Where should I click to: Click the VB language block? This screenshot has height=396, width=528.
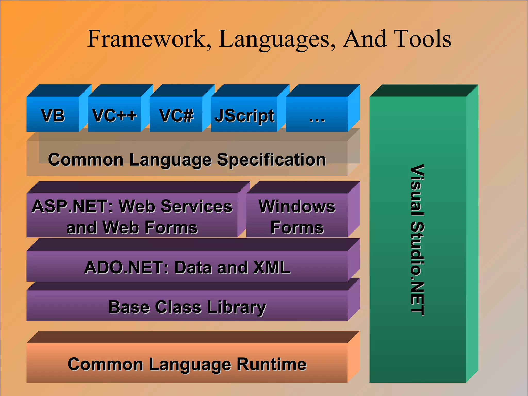point(53,115)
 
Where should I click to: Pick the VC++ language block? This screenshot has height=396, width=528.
point(114,115)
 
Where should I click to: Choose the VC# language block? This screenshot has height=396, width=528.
point(176,115)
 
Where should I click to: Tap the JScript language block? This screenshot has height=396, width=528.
point(244,115)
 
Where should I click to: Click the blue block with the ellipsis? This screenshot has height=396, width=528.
point(317,115)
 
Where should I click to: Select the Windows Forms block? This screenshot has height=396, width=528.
point(297,216)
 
